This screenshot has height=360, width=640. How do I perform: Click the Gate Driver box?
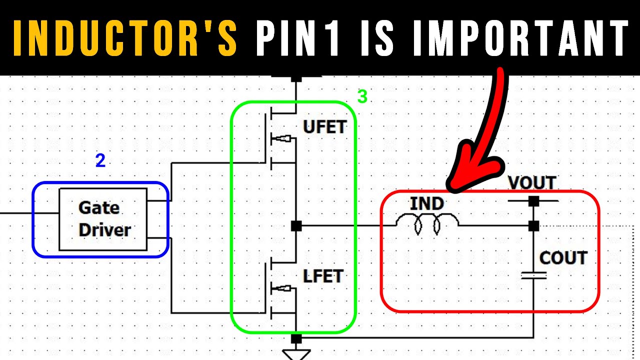[103, 219]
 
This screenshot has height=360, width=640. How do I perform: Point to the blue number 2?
[100, 161]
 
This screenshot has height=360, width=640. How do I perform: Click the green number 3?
[362, 96]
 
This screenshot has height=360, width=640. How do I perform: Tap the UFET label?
[324, 127]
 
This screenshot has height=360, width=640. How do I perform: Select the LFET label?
[322, 276]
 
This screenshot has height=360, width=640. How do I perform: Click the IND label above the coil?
[426, 204]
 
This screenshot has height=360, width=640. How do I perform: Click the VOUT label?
[532, 183]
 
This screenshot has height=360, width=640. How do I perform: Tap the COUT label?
[562, 258]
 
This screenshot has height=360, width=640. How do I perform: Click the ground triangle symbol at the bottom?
[296, 354]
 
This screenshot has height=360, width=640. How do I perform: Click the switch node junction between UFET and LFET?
[296, 226]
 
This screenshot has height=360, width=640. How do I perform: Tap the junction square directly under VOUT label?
[533, 201]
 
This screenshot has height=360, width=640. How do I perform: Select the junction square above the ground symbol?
[296, 338]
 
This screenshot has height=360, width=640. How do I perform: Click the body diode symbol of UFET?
[281, 138]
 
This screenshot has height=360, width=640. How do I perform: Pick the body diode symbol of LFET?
[281, 288]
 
